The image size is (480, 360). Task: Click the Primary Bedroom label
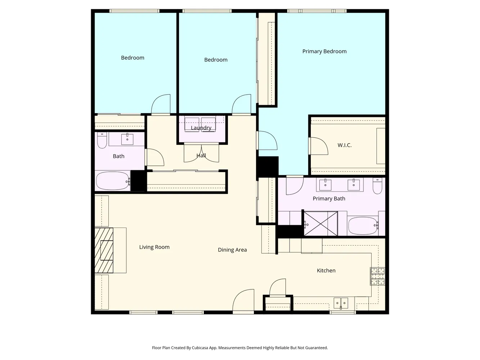[324, 51]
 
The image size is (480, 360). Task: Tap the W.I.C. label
[344, 145]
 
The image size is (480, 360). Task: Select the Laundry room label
[201, 128]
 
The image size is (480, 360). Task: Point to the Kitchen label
[326, 271]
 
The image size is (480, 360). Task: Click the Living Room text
[154, 247]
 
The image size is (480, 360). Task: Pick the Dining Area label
[232, 250]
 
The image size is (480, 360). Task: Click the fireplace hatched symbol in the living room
[104, 250]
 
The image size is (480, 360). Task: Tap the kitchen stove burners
[377, 276]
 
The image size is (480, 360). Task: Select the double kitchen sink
[341, 303]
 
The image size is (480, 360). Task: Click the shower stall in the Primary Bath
[320, 224]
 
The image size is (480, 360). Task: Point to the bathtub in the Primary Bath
[363, 226]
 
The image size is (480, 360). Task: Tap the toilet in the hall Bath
[102, 140]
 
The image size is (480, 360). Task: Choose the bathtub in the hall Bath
[113, 181]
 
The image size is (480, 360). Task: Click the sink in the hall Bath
[127, 139]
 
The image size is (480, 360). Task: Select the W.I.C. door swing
[319, 146]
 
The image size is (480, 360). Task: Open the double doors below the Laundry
[201, 153]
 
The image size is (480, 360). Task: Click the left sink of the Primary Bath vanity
[325, 185]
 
